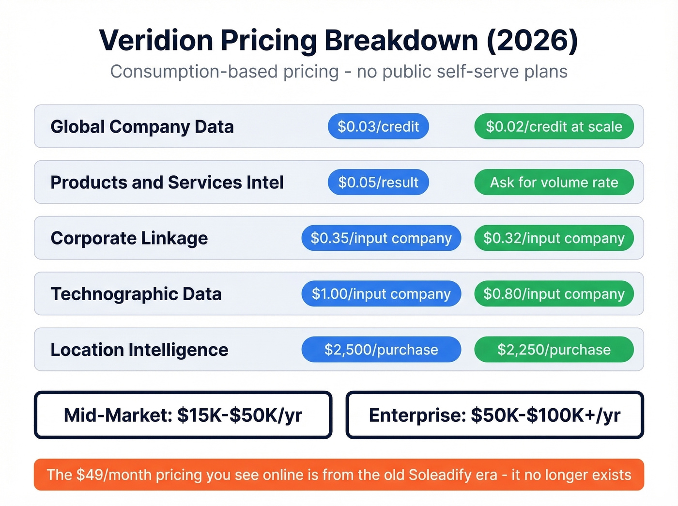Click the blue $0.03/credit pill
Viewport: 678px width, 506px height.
pyautogui.click(x=378, y=126)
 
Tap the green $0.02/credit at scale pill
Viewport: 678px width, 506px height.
pyautogui.click(x=554, y=126)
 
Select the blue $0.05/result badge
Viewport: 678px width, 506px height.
pyautogui.click(x=378, y=182)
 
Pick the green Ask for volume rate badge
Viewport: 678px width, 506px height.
pyautogui.click(x=554, y=182)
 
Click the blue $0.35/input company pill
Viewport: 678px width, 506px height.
pyautogui.click(x=381, y=238)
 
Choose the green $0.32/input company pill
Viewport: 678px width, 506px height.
pyautogui.click(x=554, y=238)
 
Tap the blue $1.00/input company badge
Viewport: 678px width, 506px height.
pyautogui.click(x=381, y=293)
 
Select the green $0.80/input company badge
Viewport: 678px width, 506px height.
pyautogui.click(x=554, y=293)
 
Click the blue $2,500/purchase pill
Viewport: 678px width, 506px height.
pyautogui.click(x=381, y=349)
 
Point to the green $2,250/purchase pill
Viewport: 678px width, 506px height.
pyautogui.click(x=554, y=349)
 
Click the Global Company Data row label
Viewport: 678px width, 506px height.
pyautogui.click(x=142, y=127)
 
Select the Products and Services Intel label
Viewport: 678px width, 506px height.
pyautogui.click(x=167, y=183)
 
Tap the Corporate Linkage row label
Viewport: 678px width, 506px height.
pyautogui.click(x=129, y=238)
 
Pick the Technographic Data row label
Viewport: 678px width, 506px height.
pyautogui.click(x=136, y=294)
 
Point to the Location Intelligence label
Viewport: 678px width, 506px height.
pyautogui.click(x=139, y=350)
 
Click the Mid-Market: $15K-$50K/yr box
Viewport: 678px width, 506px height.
pyautogui.click(x=183, y=415)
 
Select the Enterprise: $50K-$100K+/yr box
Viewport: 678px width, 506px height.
pyautogui.click(x=494, y=415)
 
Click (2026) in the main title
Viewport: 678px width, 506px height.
pyautogui.click(x=532, y=40)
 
